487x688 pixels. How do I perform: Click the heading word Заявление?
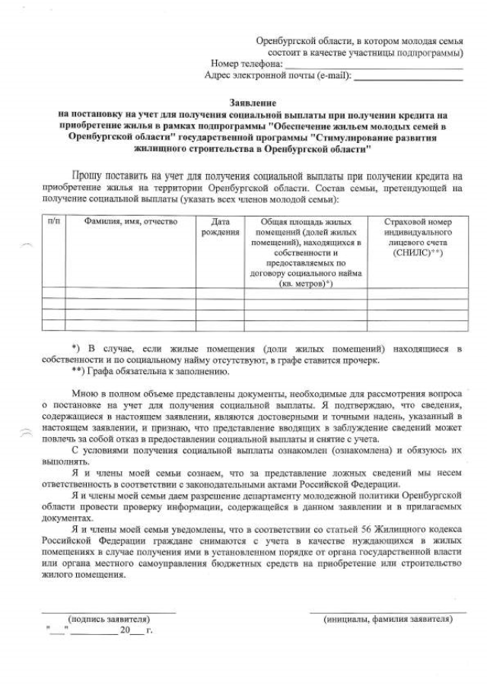(252, 102)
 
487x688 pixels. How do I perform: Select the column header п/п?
(53, 221)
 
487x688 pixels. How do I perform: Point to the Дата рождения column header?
(221, 227)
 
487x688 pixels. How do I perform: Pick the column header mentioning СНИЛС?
(413, 236)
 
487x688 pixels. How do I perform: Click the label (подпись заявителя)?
(109, 620)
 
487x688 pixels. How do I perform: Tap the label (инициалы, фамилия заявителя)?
(388, 620)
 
